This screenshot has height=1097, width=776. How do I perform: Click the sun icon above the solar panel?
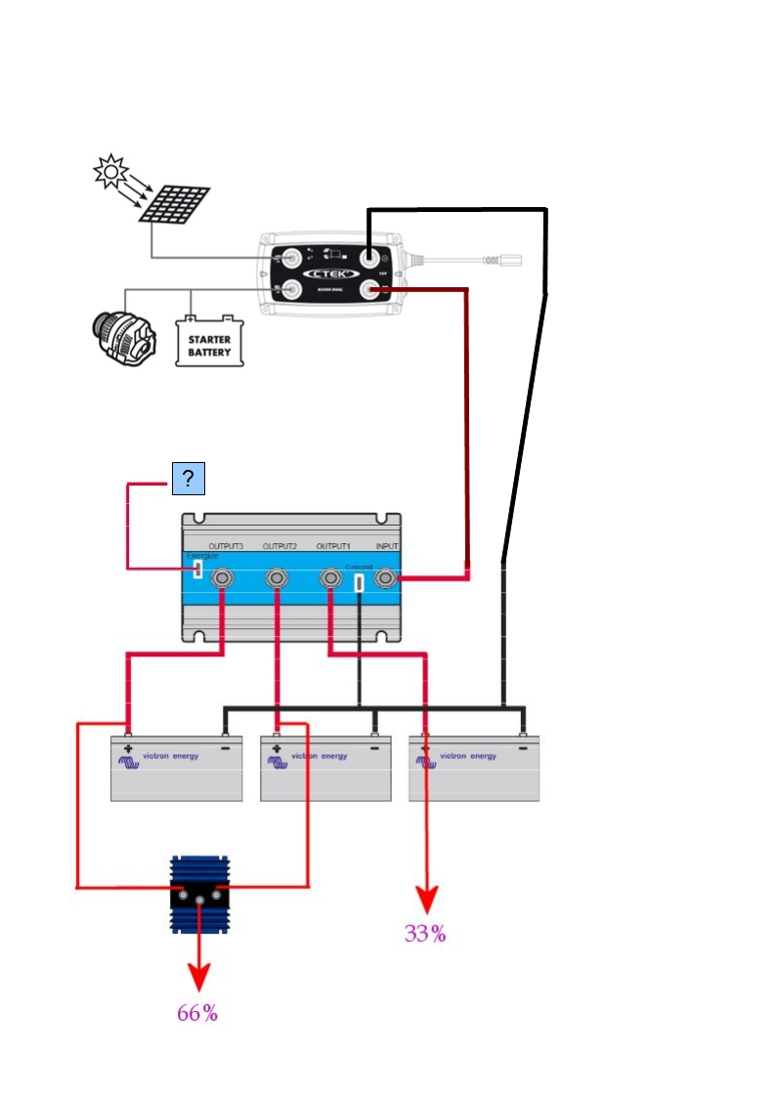coord(110,171)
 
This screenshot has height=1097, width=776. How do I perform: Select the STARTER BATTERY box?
coord(209,341)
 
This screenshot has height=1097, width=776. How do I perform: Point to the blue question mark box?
coord(188,479)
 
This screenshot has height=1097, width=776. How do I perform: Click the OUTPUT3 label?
coord(226,546)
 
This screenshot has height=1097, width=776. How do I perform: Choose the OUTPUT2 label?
coord(280,546)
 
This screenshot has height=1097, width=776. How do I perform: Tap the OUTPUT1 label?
coord(334,546)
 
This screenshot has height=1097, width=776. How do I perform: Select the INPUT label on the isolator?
coord(388,546)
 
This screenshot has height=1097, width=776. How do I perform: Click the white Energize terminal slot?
coord(197,569)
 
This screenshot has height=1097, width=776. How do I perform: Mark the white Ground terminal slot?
coord(360,582)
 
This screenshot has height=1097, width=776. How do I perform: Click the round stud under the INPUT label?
coord(387,579)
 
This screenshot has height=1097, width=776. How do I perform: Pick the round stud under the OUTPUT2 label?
coord(278,579)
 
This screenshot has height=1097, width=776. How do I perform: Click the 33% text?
coord(425,934)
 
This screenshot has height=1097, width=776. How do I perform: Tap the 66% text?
coord(197,1014)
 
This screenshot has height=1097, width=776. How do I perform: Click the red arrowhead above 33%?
coord(426,900)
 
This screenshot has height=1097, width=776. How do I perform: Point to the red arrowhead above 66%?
coord(198,977)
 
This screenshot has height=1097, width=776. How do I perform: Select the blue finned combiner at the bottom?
coord(200,895)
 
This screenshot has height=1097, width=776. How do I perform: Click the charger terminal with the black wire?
coord(368,257)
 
